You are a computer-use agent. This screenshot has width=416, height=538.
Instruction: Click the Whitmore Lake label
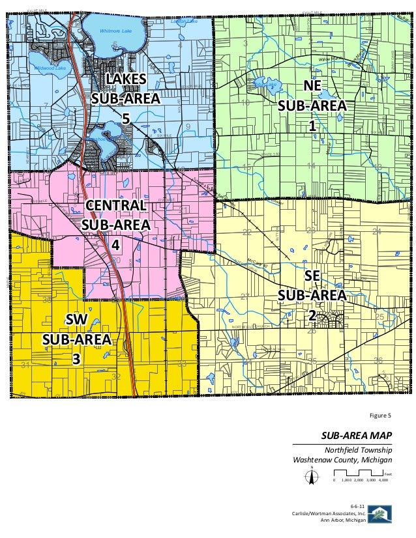click(115, 31)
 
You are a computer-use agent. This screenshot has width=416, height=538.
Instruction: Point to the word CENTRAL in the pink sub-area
click(116, 206)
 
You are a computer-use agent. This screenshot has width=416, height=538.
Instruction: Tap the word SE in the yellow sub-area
click(312, 276)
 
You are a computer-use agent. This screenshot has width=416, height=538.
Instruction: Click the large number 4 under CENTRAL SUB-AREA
click(115, 246)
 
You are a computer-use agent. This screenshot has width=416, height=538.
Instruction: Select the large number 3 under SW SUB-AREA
click(76, 359)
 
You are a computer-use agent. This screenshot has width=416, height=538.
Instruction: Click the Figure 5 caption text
click(379, 415)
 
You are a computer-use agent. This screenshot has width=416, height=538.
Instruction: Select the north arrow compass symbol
click(312, 477)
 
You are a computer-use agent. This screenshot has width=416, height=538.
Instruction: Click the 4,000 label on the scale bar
click(383, 480)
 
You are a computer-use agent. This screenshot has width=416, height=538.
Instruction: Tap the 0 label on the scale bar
click(334, 480)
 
